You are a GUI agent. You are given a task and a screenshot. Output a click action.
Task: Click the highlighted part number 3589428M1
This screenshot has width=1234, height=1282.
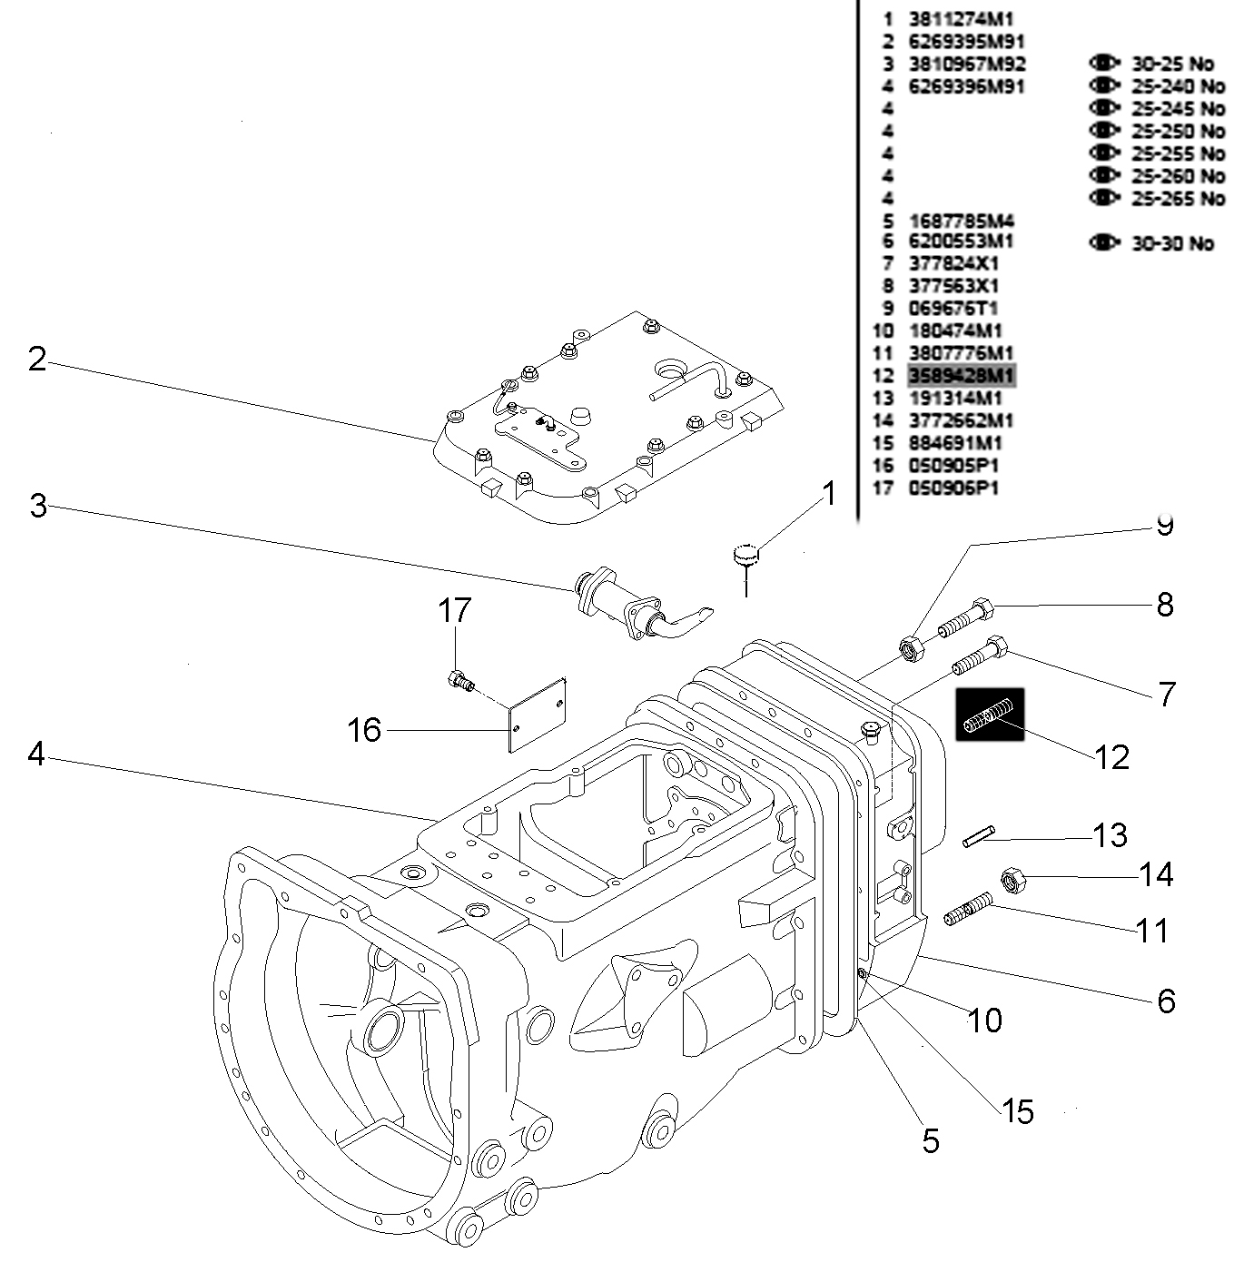click(962, 376)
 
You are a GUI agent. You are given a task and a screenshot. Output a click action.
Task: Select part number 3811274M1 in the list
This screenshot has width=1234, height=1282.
click(961, 19)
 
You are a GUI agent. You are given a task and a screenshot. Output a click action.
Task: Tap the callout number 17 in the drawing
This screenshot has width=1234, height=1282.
click(455, 610)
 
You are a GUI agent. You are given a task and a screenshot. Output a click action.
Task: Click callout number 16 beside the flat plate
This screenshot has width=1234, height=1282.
click(365, 729)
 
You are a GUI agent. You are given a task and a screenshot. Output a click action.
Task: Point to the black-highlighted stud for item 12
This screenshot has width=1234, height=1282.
click(989, 714)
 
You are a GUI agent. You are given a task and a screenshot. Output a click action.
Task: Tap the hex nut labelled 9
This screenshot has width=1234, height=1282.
click(911, 648)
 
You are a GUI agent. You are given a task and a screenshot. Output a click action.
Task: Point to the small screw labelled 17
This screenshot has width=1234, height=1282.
click(459, 680)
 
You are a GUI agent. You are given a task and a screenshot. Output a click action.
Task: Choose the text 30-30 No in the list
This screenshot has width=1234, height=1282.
click(1171, 243)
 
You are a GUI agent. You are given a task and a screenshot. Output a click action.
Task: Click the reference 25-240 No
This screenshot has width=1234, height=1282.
click(1178, 87)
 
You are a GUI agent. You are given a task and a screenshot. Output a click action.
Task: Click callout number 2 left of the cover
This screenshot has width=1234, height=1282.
click(36, 360)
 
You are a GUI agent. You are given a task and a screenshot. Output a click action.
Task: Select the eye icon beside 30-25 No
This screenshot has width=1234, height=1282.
click(1103, 64)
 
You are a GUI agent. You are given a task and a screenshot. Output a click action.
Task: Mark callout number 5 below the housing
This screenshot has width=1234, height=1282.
click(931, 1140)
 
